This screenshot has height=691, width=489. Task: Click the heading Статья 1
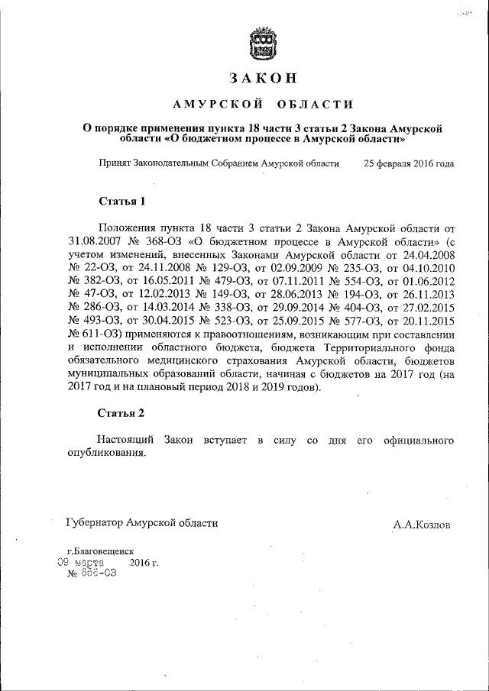tap(121, 202)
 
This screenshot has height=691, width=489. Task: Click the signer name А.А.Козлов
tap(422, 525)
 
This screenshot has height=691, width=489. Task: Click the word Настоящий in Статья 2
tap(125, 441)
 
